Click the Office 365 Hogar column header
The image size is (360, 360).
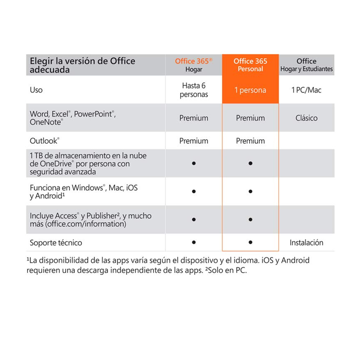pyautogui.click(x=194, y=65)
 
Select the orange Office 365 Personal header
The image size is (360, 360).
pyautogui.click(x=250, y=65)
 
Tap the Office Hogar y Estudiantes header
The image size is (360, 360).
pyautogui.click(x=306, y=65)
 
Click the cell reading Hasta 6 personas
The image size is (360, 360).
pyautogui.click(x=194, y=90)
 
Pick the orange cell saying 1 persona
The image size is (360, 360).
pyautogui.click(x=250, y=90)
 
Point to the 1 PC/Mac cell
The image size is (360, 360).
pyautogui.click(x=306, y=90)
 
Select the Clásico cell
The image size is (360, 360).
pyautogui.click(x=306, y=118)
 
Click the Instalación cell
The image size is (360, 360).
pyautogui.click(x=306, y=243)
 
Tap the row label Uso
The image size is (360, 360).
pyautogui.click(x=36, y=90)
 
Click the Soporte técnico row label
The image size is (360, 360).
pyautogui.click(x=56, y=243)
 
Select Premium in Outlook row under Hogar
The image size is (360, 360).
pyautogui.click(x=194, y=141)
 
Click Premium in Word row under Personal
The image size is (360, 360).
pyautogui.click(x=250, y=118)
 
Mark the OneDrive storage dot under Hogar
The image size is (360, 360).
pyautogui.click(x=194, y=163)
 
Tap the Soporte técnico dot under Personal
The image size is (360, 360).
pyautogui.click(x=250, y=243)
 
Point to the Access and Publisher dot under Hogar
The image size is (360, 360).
pyautogui.click(x=194, y=219)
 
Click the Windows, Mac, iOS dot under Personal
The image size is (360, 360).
pyautogui.click(x=250, y=191)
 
